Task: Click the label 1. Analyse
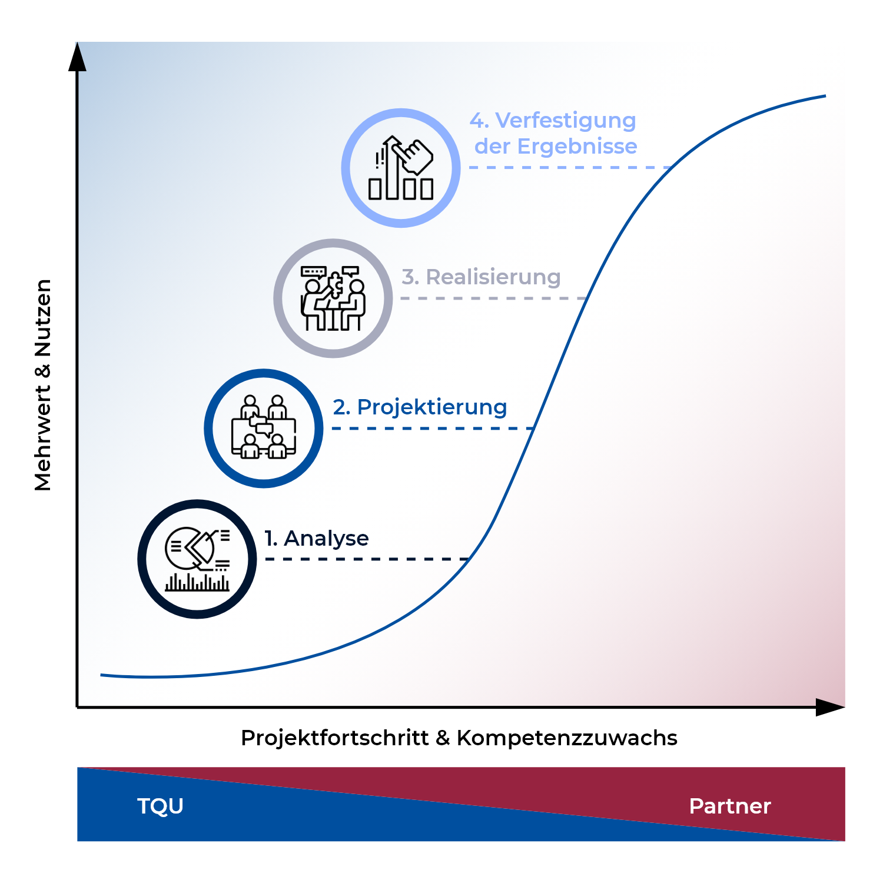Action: tap(317, 538)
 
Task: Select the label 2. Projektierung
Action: tap(420, 407)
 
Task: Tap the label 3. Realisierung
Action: tap(481, 277)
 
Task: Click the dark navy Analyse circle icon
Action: tap(197, 559)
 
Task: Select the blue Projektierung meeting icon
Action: tap(264, 429)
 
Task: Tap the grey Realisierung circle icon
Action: tap(333, 298)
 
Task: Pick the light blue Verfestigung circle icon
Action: tap(401, 168)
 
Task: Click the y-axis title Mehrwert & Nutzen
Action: tap(43, 385)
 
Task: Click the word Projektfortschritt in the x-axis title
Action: tap(334, 738)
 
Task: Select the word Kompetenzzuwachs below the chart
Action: tap(567, 738)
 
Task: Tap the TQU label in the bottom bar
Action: tap(160, 806)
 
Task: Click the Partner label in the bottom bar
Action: tap(730, 806)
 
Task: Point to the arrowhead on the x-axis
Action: tap(830, 707)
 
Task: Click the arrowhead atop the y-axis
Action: tap(77, 57)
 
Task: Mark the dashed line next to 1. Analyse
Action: tap(367, 559)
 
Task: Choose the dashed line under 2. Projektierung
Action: tap(433, 428)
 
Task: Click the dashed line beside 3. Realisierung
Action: tap(493, 298)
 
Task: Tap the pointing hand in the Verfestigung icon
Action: tap(414, 155)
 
